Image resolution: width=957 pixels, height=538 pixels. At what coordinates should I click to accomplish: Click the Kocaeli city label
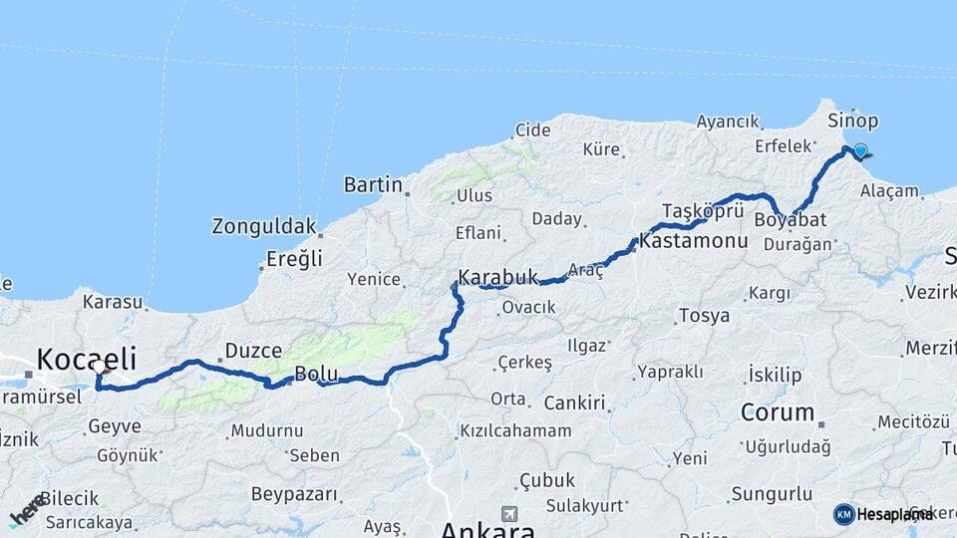86,358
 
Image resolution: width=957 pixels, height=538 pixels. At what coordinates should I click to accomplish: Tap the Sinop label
853,121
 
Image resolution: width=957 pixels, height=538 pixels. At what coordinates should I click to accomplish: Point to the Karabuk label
497,277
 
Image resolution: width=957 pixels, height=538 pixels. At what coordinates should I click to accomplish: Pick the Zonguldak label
263,226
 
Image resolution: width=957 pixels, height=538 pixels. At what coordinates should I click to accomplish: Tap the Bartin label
373,184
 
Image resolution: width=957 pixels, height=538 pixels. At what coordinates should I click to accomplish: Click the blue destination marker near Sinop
860,152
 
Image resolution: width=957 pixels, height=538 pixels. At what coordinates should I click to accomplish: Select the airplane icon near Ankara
511,514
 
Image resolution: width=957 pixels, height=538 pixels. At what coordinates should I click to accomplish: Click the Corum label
778,411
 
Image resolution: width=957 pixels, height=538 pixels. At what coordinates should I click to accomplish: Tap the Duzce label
253,350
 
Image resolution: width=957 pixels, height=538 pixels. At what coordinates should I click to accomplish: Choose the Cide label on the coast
532,130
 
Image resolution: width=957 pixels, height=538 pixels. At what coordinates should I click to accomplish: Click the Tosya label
704,316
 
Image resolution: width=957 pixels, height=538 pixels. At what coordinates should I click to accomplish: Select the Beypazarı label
293,494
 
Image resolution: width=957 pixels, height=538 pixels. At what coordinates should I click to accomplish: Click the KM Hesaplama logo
883,514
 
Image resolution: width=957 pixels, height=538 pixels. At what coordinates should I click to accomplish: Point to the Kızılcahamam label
515,430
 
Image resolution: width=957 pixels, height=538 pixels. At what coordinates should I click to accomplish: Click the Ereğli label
294,259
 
